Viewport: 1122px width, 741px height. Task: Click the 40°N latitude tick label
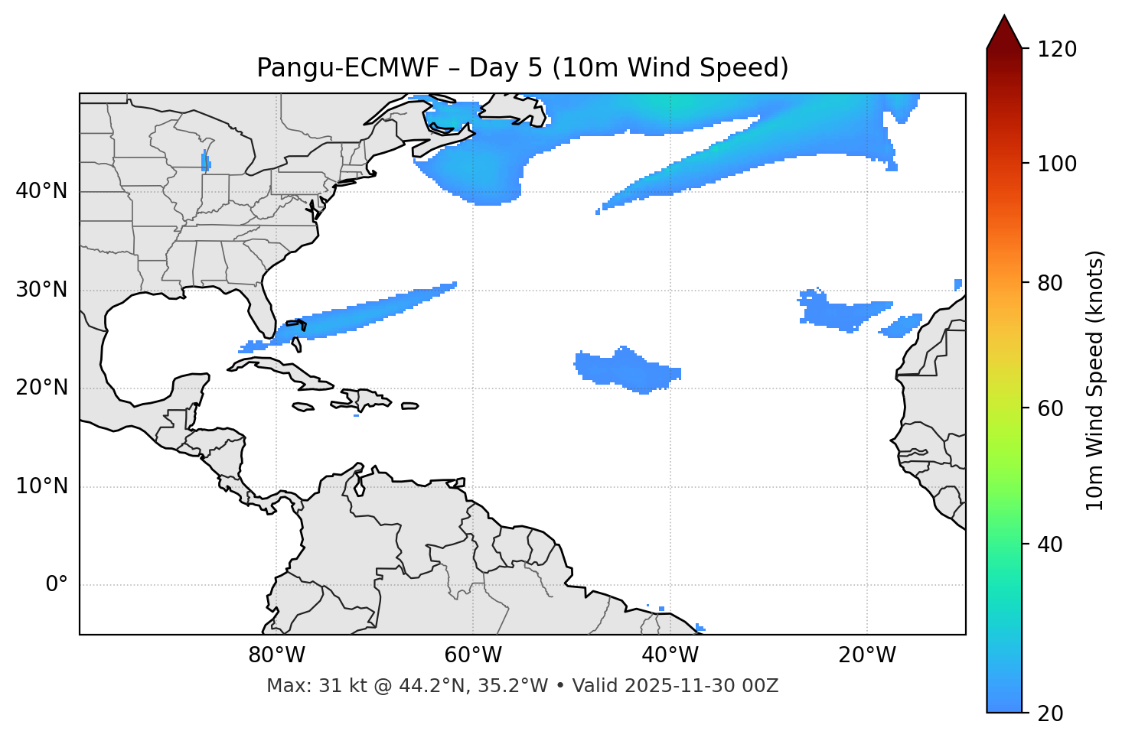[x=41, y=191]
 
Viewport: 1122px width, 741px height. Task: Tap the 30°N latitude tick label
[x=41, y=290]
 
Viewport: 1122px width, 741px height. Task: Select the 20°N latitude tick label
[x=41, y=388]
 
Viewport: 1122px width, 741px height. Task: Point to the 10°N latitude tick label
[x=41, y=486]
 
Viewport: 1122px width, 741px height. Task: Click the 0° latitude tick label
[x=57, y=585]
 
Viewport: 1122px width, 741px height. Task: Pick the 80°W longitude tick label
[x=276, y=655]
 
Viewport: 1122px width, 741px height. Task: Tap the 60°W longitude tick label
[x=473, y=655]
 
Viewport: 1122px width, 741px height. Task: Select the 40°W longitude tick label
[x=670, y=655]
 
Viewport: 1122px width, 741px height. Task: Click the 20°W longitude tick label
[x=867, y=655]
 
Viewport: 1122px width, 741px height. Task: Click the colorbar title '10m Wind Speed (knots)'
[x=1096, y=380]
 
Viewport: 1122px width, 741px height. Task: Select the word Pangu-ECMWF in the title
[x=347, y=68]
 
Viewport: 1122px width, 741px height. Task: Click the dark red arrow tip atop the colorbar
[x=1004, y=31]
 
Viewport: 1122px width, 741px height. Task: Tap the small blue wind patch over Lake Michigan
[x=205, y=162]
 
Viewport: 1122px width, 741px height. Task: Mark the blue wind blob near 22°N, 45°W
[x=624, y=369]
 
